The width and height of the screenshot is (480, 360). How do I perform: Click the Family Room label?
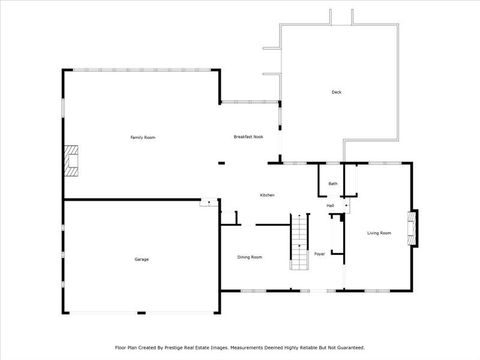[143, 137]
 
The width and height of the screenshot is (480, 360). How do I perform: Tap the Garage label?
[142, 259]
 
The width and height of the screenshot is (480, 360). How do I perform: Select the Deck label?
[337, 93]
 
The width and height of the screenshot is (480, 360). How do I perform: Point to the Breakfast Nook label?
[248, 136]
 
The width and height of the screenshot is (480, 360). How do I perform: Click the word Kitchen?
[267, 195]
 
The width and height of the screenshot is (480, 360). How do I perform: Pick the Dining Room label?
[250, 257]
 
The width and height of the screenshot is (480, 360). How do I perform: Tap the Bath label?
[333, 184]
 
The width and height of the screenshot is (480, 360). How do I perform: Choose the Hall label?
[330, 205]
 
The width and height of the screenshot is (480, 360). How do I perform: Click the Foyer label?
[320, 255]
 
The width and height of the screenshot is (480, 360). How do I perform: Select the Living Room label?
[379, 233]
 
